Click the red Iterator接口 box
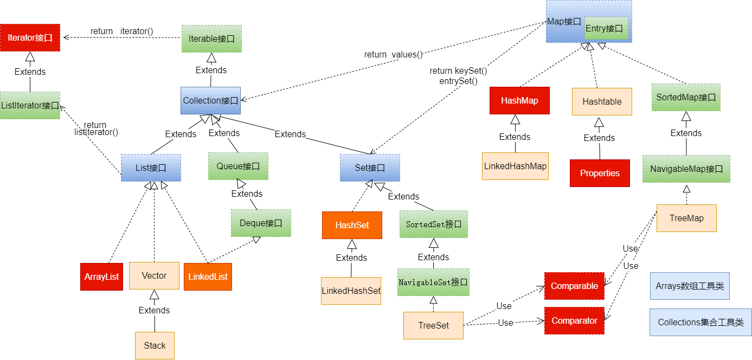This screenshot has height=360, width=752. point(30,38)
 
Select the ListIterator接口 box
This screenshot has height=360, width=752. point(30,105)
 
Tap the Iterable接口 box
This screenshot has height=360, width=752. point(211,39)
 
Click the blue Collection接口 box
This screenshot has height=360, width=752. point(210,101)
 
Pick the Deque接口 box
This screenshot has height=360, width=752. point(261,223)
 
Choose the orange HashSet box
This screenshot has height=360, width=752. point(352,225)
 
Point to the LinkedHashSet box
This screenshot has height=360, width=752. point(351,291)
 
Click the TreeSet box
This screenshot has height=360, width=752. point(433,325)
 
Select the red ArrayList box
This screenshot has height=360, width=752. point(101,277)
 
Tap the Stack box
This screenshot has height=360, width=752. point(155,345)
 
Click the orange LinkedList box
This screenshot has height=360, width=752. point(208,277)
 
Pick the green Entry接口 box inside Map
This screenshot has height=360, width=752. point(606,28)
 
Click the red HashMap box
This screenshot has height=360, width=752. point(519,101)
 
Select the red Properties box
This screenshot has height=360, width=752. point(600,173)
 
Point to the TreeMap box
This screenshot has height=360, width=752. point(686,218)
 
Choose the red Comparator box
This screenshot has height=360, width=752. point(574,320)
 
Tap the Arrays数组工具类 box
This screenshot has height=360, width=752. point(690,286)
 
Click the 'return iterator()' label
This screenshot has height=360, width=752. point(122,31)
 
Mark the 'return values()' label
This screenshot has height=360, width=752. point(393,54)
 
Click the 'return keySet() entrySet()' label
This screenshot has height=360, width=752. point(458,76)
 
